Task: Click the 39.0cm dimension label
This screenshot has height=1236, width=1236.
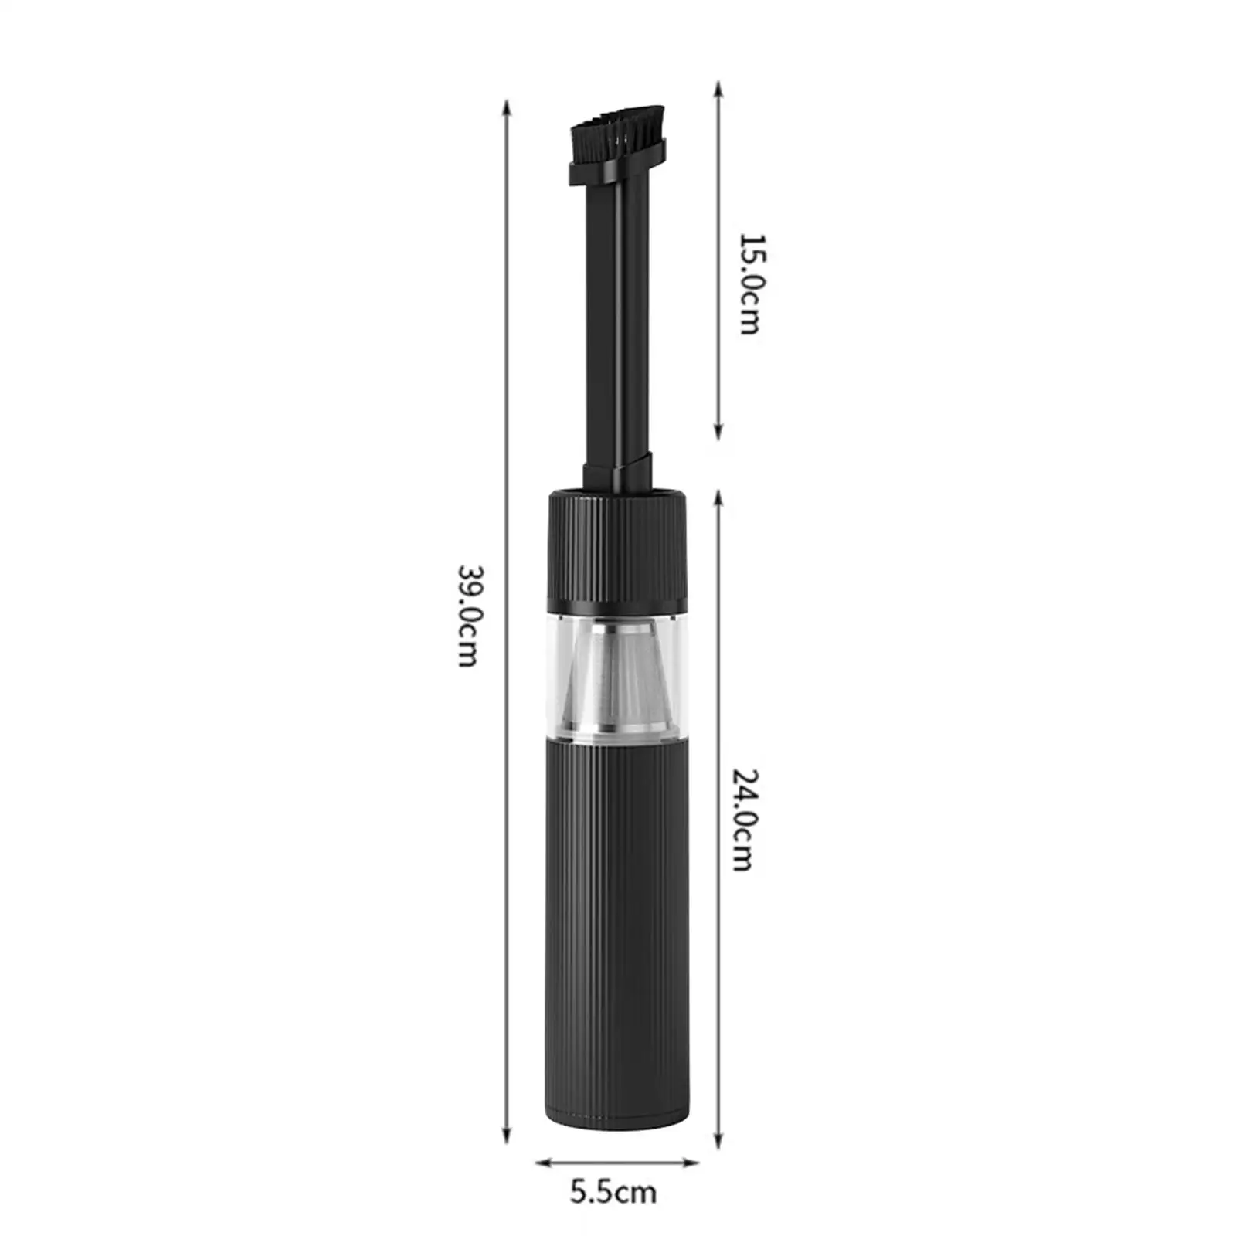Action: pos(468,616)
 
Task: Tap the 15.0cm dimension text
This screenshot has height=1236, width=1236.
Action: pos(750,284)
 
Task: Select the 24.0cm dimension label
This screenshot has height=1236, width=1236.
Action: pos(744,820)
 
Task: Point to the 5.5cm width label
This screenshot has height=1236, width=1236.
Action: pos(613,1192)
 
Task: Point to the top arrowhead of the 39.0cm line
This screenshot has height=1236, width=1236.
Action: pos(507,107)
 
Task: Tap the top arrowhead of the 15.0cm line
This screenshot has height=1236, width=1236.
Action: pos(718,87)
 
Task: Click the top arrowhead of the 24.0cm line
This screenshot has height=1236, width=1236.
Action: pos(718,497)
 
